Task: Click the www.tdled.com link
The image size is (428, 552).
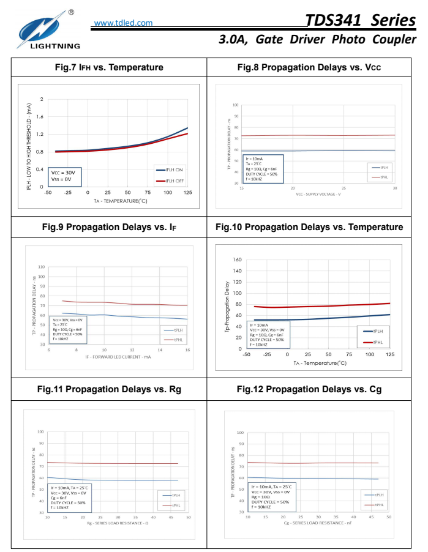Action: tap(124, 23)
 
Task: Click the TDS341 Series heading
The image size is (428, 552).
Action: tap(361, 20)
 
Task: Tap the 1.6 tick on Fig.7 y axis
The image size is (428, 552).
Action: tap(42, 116)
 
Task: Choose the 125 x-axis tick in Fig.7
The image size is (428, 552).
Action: tap(187, 193)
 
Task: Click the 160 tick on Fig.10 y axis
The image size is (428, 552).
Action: tap(238, 259)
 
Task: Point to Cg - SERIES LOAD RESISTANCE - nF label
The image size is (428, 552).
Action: tap(318, 523)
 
